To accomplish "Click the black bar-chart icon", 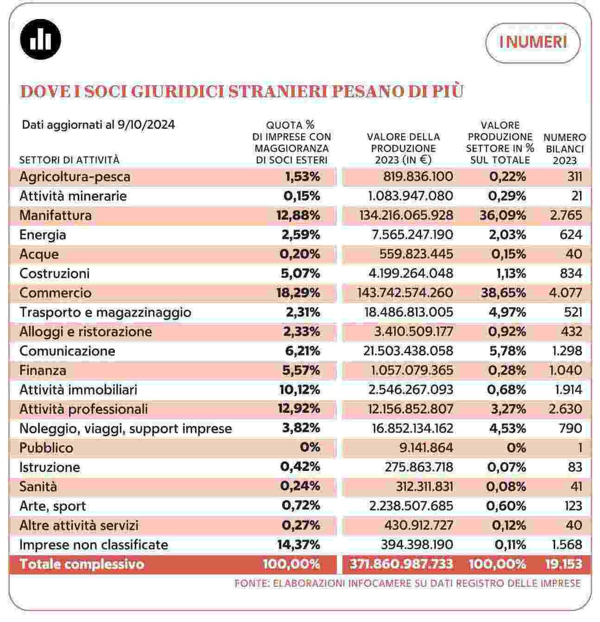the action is click(x=41, y=39).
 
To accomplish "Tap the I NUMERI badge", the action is click(x=533, y=43).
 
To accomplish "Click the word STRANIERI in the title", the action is click(x=278, y=91).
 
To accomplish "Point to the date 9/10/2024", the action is click(x=146, y=125).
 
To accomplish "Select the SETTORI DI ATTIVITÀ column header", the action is click(x=69, y=160).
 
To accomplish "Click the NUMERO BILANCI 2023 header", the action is click(x=564, y=149).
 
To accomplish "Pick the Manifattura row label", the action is click(x=56, y=216).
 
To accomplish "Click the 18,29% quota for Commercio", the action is click(x=298, y=293).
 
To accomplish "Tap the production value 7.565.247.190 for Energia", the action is click(x=412, y=235).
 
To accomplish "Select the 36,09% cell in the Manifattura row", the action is click(x=503, y=216).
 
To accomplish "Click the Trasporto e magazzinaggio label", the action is click(x=106, y=312).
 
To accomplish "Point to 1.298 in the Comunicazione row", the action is click(x=567, y=351).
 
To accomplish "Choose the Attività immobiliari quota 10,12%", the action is click(x=300, y=390).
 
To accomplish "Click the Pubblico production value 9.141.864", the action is click(x=426, y=448).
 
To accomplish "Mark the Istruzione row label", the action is click(x=50, y=467).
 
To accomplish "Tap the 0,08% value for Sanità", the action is click(x=506, y=487).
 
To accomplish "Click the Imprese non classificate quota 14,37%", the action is click(x=298, y=545).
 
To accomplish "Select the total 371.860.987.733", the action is click(x=401, y=565).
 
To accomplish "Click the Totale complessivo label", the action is click(x=82, y=565).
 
